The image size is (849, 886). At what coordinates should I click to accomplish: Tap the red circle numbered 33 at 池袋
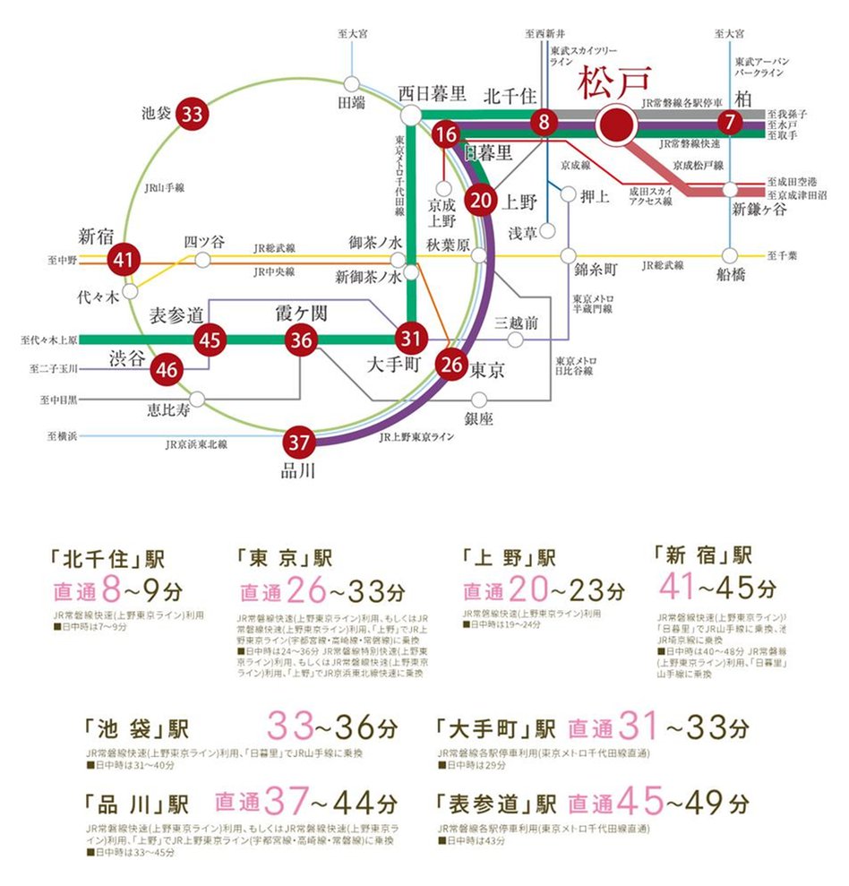(x=192, y=115)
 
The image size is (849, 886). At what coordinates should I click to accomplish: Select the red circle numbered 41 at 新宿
(x=123, y=261)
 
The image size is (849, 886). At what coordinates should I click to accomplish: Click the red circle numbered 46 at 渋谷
(x=167, y=368)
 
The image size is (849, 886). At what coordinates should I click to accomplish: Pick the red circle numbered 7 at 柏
(x=732, y=123)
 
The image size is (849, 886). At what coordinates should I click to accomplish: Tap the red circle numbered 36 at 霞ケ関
(x=302, y=340)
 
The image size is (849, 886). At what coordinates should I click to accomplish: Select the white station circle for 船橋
(x=731, y=254)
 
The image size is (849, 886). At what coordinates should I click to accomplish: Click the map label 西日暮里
(x=433, y=93)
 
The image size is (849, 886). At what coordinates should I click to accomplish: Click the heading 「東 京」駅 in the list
(x=285, y=558)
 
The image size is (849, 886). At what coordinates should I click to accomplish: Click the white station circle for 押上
(x=568, y=193)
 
